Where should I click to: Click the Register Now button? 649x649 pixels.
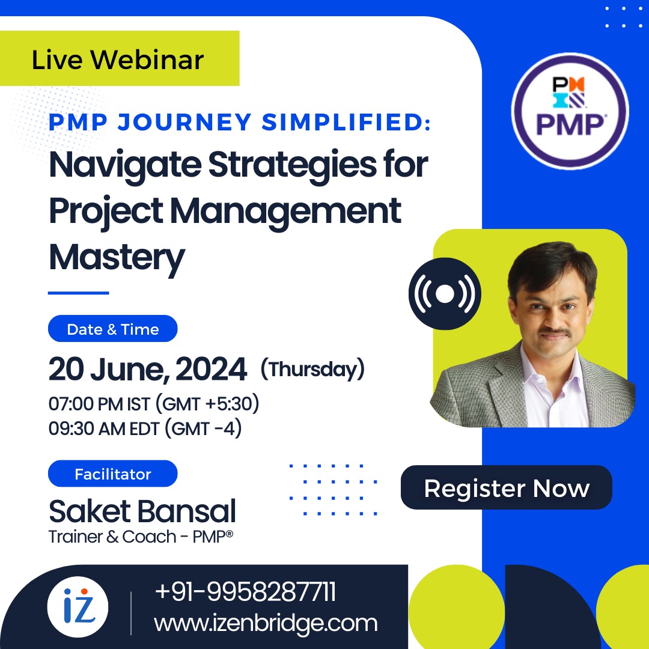(x=506, y=488)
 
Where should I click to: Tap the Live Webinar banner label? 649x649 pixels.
(x=118, y=59)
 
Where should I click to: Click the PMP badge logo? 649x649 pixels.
(x=569, y=111)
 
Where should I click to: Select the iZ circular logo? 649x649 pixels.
(x=78, y=607)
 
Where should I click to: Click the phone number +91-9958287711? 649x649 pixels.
(x=245, y=592)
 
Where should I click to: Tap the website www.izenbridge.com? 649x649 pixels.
(x=266, y=623)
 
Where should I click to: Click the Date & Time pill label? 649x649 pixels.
(x=113, y=329)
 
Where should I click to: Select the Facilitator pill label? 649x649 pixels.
(x=113, y=474)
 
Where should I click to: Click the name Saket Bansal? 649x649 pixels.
(x=142, y=511)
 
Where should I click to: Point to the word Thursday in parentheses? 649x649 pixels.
(x=312, y=368)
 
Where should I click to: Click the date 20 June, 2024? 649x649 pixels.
(x=148, y=369)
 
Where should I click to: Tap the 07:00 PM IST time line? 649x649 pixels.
(x=154, y=404)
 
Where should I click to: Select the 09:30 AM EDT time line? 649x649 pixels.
(x=145, y=429)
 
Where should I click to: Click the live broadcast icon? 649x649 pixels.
(x=445, y=294)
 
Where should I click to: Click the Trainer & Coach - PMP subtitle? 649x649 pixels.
(x=141, y=537)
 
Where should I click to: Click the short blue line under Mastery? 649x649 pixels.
(x=78, y=293)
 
